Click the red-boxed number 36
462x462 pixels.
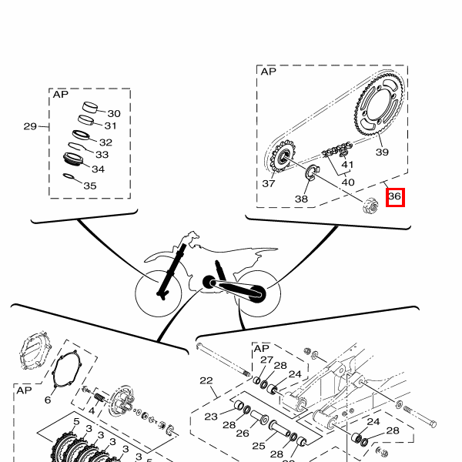[x=395, y=196]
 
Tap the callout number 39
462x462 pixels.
[x=382, y=152]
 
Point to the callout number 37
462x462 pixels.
[x=269, y=183]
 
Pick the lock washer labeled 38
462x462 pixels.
[x=311, y=172]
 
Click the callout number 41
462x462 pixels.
[x=347, y=165]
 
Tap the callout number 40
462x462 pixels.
[x=348, y=182]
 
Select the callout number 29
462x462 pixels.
[x=30, y=126]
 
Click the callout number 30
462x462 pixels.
[x=114, y=114]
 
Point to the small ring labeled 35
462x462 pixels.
[x=69, y=176]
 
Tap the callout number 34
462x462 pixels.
[x=98, y=169]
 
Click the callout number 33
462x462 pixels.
[x=102, y=155]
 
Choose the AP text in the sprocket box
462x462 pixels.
[x=269, y=72]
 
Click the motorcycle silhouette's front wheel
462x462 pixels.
[x=159, y=293]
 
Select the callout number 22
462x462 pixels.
[x=206, y=380]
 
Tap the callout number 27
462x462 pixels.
[x=266, y=360]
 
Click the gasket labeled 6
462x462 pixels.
[x=67, y=369]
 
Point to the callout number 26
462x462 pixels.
[x=243, y=433]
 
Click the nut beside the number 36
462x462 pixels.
[x=370, y=206]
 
